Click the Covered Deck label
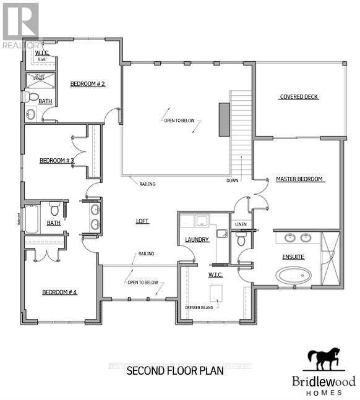click(299, 97)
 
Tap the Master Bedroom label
click(300, 179)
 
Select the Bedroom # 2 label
click(87, 84)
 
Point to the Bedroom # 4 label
click(59, 292)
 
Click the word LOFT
click(143, 221)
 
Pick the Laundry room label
click(197, 240)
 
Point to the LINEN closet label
click(241, 225)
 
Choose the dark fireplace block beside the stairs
click(223, 119)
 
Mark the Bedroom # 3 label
click(57, 161)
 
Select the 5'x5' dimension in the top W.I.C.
click(43, 60)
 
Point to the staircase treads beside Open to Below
click(241, 133)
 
